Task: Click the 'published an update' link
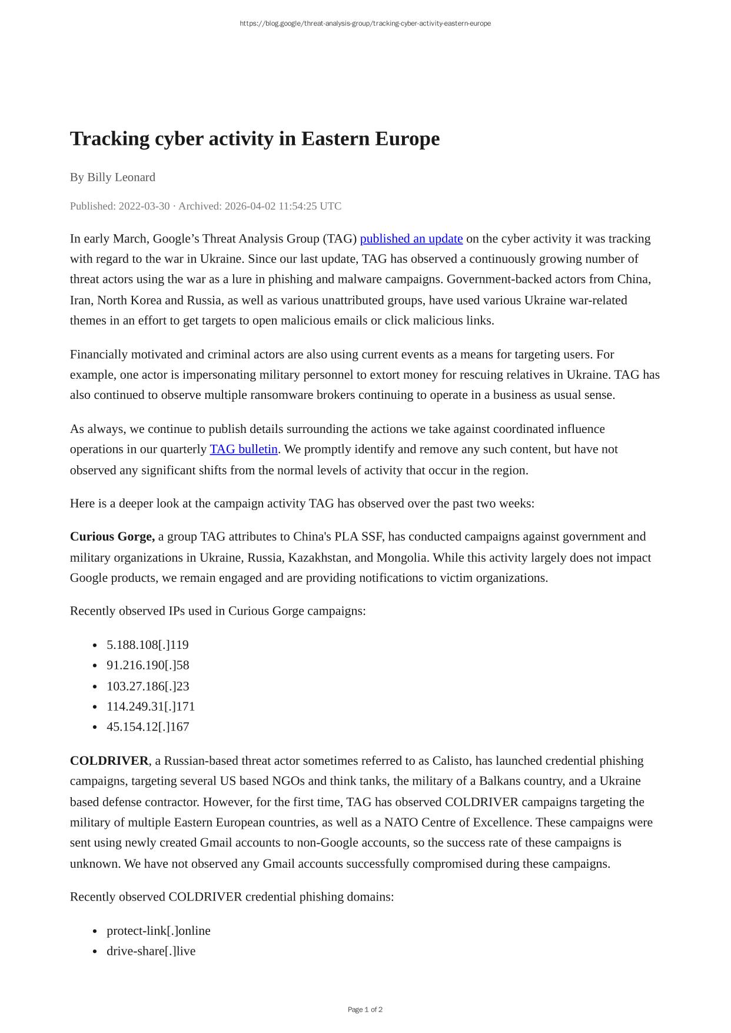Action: click(411, 239)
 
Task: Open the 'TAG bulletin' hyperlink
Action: click(244, 449)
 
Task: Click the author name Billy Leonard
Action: click(121, 177)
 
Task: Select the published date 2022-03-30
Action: click(144, 206)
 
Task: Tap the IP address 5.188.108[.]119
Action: click(148, 645)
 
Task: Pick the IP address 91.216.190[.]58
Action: click(148, 665)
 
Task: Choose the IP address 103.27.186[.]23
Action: click(148, 686)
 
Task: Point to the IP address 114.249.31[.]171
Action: click(151, 707)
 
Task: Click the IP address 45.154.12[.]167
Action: click(148, 727)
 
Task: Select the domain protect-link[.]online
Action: click(158, 931)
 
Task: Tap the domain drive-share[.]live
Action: click(151, 951)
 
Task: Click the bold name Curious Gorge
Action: click(112, 537)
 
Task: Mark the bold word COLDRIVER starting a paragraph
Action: click(109, 761)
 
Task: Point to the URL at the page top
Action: click(365, 24)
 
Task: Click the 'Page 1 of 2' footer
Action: click(365, 1009)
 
